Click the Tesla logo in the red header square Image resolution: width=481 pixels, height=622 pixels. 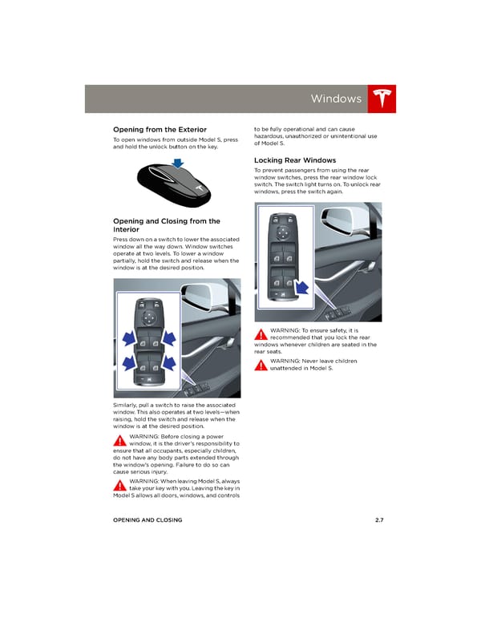pyautogui.click(x=382, y=98)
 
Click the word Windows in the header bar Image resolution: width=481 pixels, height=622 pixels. pyautogui.click(x=336, y=99)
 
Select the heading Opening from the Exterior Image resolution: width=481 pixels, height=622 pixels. pyautogui.click(x=160, y=129)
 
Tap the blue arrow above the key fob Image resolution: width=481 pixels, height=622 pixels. pyautogui.click(x=178, y=163)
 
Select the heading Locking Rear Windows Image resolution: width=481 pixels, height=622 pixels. pyautogui.click(x=295, y=160)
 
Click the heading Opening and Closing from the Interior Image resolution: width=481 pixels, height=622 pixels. pyautogui.click(x=167, y=225)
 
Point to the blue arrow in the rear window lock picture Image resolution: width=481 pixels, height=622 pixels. pyautogui.click(x=303, y=287)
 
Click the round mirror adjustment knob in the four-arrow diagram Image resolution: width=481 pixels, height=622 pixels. pyautogui.click(x=149, y=317)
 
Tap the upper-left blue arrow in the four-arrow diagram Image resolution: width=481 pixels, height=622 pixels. pyautogui.click(x=128, y=339)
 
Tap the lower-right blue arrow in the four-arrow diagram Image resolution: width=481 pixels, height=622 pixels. pyautogui.click(x=169, y=362)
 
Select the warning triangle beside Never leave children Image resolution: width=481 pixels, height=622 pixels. pyautogui.click(x=261, y=365)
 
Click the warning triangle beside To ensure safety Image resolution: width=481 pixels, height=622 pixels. pyautogui.click(x=261, y=334)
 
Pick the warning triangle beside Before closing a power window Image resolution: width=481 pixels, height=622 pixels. pyautogui.click(x=120, y=440)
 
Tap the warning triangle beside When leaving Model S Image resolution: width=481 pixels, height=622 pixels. pyautogui.click(x=120, y=485)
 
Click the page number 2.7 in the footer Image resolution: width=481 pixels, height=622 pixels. pyautogui.click(x=379, y=519)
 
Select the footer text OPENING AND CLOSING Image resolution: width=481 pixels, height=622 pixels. pyautogui.click(x=148, y=519)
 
